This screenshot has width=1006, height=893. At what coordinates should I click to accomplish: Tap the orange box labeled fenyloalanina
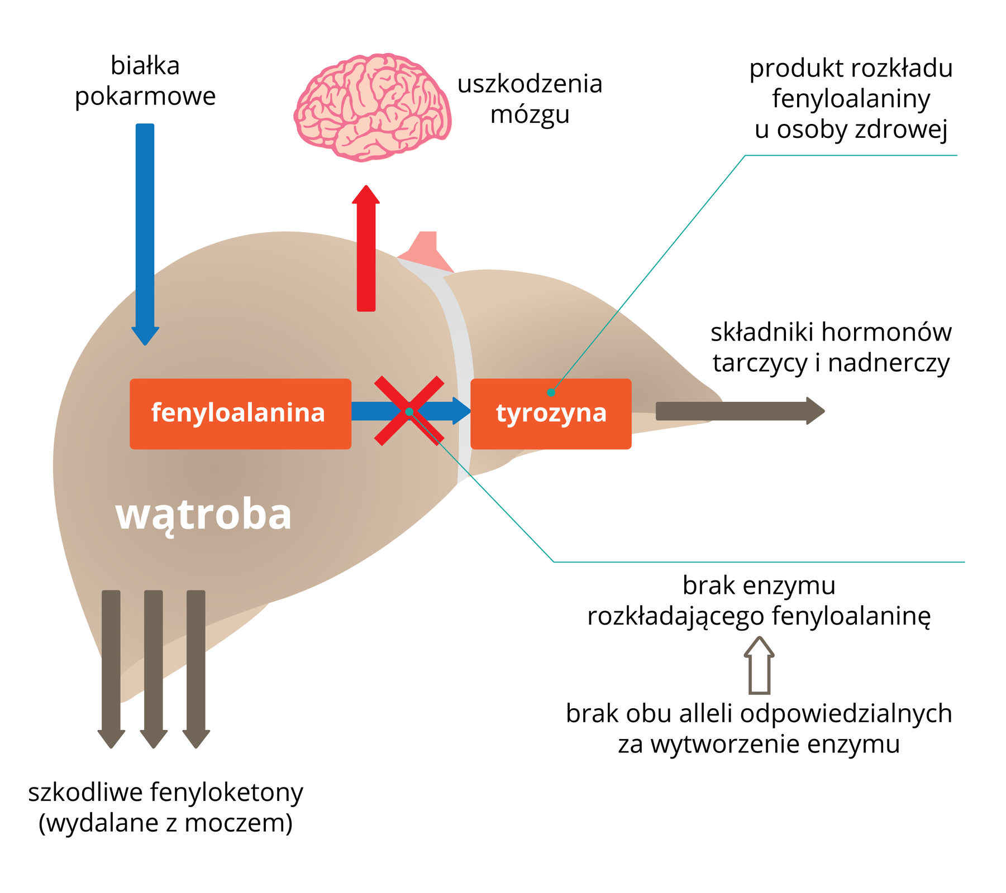coord(240,414)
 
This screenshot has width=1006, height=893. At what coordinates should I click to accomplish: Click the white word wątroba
coord(203,515)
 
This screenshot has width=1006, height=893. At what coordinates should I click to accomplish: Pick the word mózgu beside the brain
coord(530,114)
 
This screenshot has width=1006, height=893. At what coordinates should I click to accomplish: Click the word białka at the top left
coord(145,66)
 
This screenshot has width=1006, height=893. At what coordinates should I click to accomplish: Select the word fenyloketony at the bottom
coord(226,793)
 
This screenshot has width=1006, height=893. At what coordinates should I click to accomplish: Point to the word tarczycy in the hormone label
coord(761,364)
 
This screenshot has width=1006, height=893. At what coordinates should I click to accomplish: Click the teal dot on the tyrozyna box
coord(551,392)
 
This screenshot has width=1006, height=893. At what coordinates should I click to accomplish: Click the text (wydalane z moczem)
coord(165,823)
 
